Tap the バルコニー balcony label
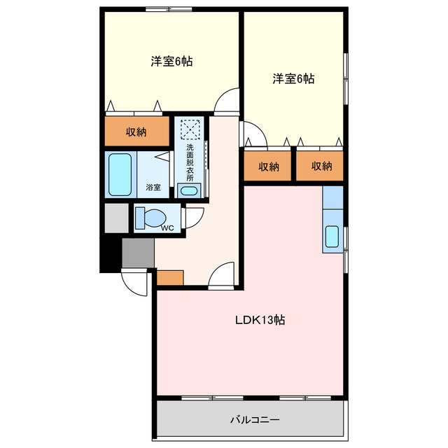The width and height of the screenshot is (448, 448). coord(255,420)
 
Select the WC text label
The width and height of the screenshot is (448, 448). coord(167,227)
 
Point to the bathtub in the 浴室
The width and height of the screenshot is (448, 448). coord(120,174)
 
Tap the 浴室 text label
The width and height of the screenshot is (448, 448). coord(153,188)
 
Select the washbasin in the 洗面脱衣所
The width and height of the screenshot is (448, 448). coord(188,190)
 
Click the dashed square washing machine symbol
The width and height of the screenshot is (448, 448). coord(190,129)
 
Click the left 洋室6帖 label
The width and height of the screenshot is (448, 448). coord(171,61)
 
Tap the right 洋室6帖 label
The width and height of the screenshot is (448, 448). coord(293,79)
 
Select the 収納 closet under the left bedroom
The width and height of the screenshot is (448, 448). coord(136,132)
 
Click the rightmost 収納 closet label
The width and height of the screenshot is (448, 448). coord(321,167)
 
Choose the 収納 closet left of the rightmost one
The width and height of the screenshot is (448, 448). coord(268,167)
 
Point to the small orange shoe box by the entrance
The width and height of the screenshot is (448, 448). coord(169,277)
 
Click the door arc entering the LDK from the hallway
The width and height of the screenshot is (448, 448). coord(224,274)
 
